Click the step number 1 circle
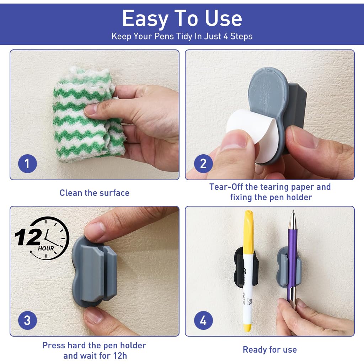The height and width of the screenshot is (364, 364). [27, 164]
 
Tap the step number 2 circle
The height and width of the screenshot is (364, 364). [203, 164]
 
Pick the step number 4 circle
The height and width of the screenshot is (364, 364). [203, 321]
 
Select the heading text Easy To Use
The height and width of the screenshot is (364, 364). [182, 18]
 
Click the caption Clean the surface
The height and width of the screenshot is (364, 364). [94, 193]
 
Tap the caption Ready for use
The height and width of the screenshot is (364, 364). [269, 350]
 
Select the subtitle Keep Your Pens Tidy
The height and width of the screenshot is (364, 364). [182, 36]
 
